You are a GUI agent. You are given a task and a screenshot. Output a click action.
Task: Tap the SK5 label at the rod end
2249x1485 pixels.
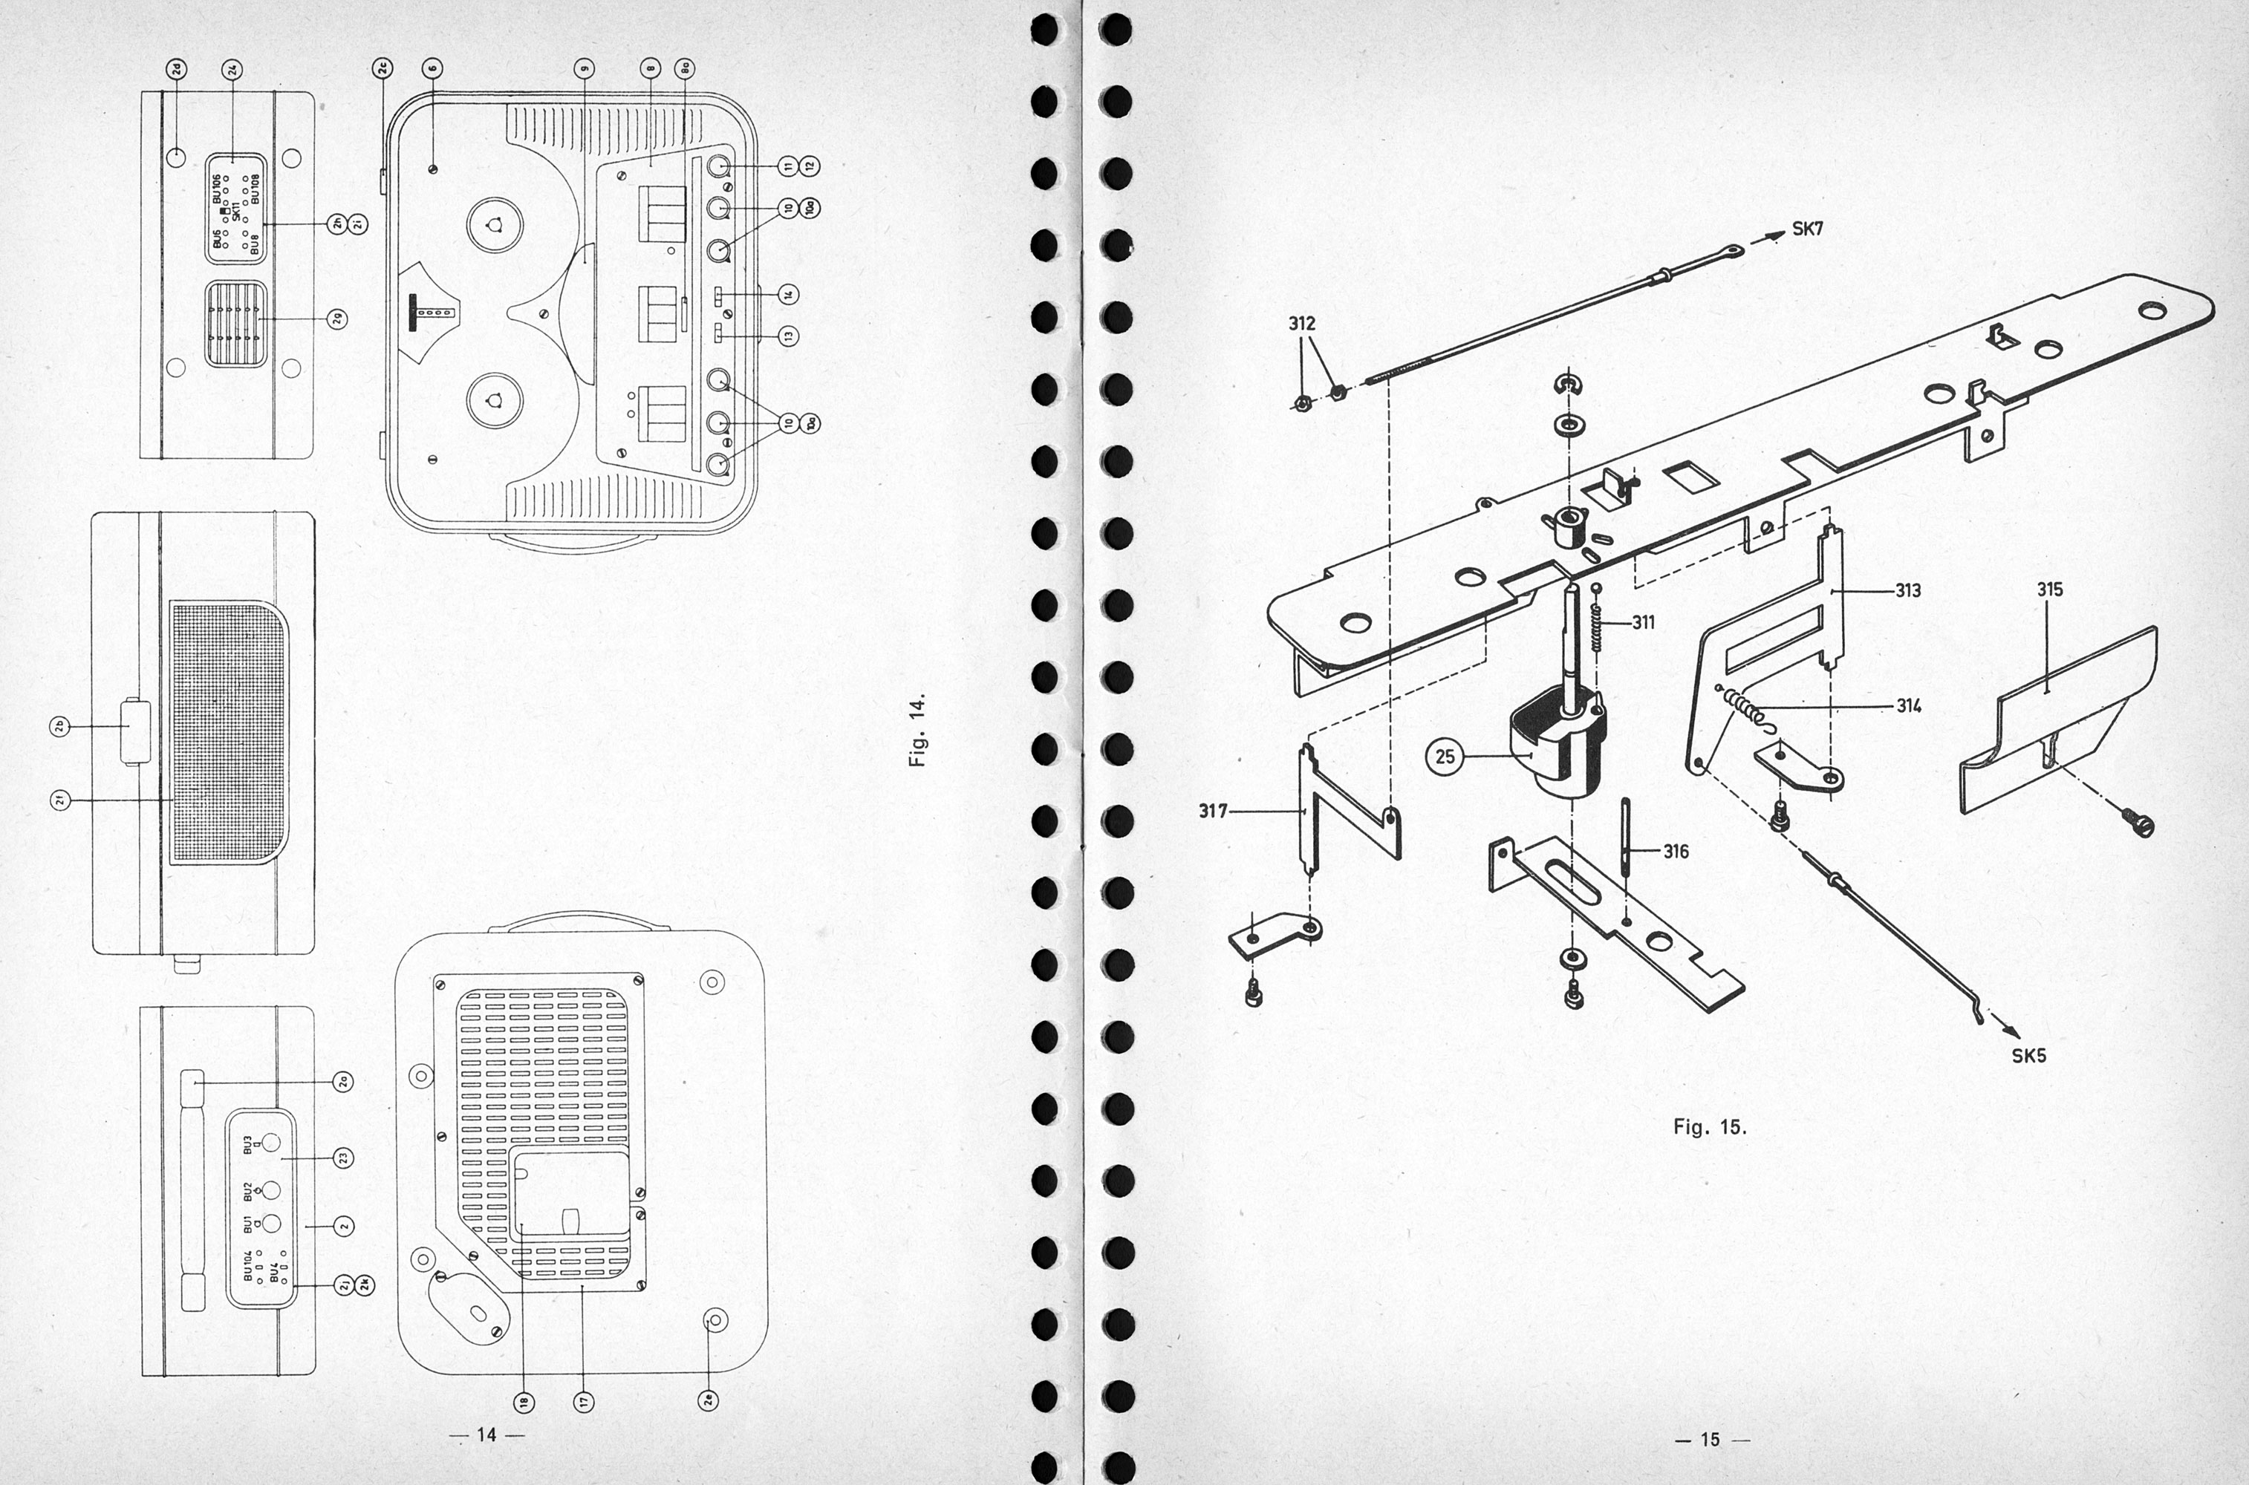[2028, 1056]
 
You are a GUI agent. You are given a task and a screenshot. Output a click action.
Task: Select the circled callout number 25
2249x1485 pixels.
[1445, 757]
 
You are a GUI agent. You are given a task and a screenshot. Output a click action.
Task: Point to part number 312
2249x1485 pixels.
[1302, 324]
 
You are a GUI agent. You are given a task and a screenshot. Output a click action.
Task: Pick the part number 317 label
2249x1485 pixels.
[1214, 812]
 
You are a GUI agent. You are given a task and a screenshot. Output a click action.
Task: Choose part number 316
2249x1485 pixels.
[1676, 852]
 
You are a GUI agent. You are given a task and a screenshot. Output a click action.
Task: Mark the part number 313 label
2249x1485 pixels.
[1908, 591]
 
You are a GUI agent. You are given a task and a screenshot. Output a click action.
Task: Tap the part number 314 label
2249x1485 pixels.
[1909, 705]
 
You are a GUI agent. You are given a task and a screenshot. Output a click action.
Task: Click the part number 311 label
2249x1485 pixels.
[1644, 622]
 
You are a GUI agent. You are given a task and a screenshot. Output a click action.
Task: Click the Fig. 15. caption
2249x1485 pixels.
[1709, 1128]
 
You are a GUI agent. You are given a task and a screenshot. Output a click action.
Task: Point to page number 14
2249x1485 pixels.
[486, 1435]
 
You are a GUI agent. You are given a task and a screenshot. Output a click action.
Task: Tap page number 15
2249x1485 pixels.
[1709, 1440]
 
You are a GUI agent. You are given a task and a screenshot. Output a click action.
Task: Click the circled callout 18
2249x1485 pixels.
[522, 1400]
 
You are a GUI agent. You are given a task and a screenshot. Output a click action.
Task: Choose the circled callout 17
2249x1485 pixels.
[584, 1400]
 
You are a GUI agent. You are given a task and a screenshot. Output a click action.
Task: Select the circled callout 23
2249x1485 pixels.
[343, 1158]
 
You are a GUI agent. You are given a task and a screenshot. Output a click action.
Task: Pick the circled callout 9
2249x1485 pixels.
[585, 68]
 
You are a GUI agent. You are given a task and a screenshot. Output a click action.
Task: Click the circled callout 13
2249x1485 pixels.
[788, 336]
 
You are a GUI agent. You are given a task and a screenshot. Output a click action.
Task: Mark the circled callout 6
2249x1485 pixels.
[433, 68]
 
